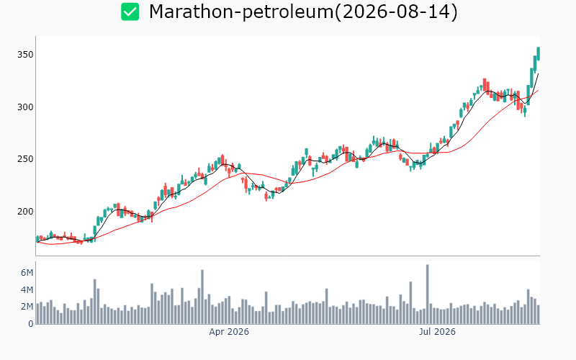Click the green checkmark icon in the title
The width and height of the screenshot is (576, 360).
tap(130, 12)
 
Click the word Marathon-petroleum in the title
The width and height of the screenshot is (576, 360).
tap(241, 12)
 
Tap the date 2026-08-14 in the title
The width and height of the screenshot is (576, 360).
tap(395, 12)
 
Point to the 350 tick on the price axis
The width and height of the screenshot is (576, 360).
tap(25, 55)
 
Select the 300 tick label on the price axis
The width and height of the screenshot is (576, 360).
tap(25, 107)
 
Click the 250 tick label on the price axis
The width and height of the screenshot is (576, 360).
tap(25, 159)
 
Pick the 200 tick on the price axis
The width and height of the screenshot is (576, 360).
tap(25, 212)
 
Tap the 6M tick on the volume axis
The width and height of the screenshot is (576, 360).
tap(27, 273)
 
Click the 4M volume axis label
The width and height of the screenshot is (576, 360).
tap(27, 290)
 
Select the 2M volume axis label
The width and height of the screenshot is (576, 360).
tap(27, 307)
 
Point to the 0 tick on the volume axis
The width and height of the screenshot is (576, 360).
tap(31, 323)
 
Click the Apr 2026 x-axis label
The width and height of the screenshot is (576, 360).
tap(229, 332)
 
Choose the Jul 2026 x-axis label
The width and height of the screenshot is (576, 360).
tap(437, 332)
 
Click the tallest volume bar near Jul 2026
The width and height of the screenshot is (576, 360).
tap(427, 294)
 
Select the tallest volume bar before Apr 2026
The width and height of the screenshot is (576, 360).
tap(202, 297)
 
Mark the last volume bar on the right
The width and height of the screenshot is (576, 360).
tap(538, 315)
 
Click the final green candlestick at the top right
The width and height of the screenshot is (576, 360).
tap(538, 53)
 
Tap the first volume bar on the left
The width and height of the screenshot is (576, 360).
tap(37, 314)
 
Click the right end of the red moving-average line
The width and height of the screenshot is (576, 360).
tap(538, 91)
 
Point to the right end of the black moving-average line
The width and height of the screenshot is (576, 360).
tap(538, 74)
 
